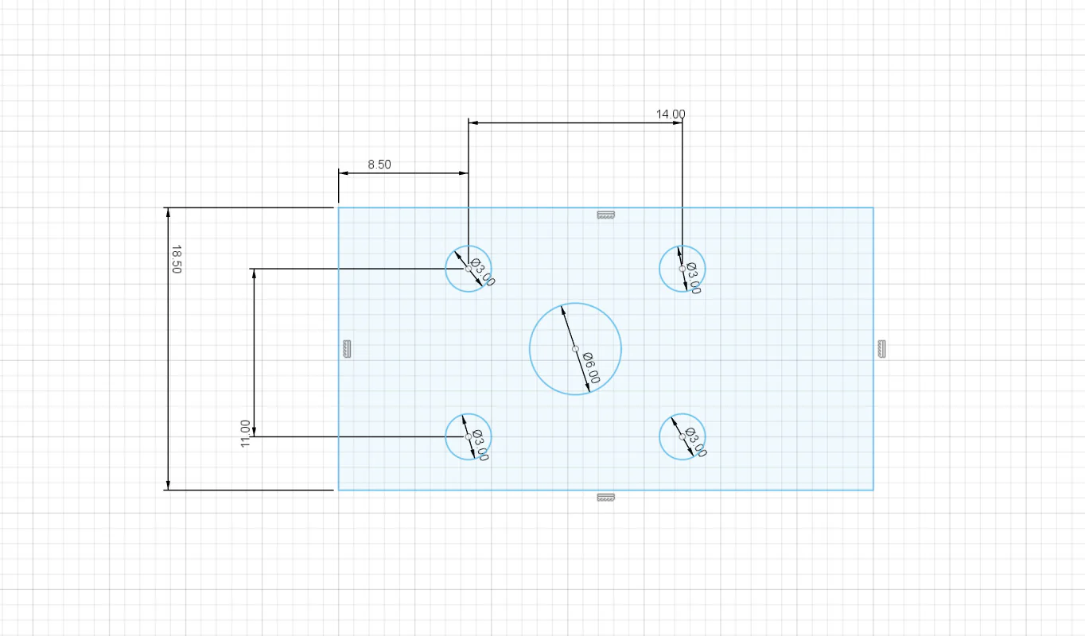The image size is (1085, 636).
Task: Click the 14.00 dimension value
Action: tap(671, 114)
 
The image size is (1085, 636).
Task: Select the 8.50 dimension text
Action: tap(379, 165)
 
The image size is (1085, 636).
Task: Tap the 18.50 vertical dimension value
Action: tap(177, 259)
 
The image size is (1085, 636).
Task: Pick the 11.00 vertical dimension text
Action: tap(245, 434)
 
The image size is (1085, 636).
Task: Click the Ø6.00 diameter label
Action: tap(592, 368)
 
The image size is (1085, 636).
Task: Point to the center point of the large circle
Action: tap(575, 349)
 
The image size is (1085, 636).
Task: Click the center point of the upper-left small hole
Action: tap(469, 269)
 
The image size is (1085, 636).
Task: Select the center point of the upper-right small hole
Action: tap(682, 269)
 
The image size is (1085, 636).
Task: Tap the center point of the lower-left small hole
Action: tap(469, 436)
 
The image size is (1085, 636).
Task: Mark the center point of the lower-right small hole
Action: tap(682, 436)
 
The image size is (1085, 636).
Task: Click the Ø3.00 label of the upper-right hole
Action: tap(694, 278)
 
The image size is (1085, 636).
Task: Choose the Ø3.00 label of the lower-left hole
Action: tap(480, 445)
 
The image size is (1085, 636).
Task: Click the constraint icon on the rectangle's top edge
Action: tap(606, 215)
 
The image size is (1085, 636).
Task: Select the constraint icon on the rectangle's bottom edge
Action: tap(606, 498)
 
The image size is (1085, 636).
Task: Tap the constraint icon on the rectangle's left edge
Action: tap(347, 349)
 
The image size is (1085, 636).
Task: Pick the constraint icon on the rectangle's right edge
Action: tap(882, 349)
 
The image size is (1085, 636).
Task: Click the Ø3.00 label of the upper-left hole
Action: tap(483, 273)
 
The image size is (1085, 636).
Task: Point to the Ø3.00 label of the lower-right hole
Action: tap(696, 442)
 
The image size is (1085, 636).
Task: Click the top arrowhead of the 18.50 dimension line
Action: tap(168, 212)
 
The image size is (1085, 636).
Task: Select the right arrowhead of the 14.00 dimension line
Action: tap(678, 123)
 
